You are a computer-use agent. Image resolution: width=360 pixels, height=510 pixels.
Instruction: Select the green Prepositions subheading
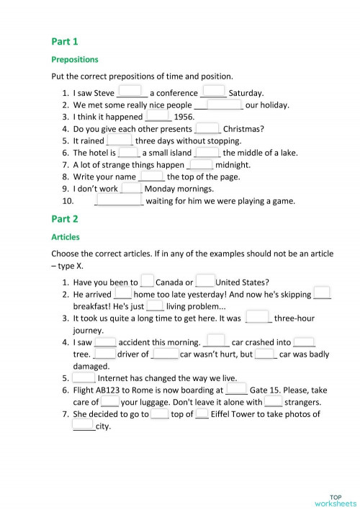tap(75, 59)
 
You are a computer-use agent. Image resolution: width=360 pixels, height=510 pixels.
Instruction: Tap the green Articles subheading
tap(66, 236)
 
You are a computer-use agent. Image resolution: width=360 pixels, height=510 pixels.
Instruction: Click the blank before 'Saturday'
tap(214, 91)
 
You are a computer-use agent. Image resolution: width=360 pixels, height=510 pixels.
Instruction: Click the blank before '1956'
tap(158, 115)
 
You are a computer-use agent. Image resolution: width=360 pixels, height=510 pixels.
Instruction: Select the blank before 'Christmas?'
tap(208, 128)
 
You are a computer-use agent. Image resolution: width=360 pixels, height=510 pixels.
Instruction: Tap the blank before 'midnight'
tap(199, 164)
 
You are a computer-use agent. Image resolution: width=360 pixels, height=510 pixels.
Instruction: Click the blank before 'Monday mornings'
tap(132, 188)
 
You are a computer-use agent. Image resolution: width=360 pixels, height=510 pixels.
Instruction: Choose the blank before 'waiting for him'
tap(120, 200)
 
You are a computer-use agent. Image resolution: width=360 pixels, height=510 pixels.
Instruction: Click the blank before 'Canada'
tap(148, 282)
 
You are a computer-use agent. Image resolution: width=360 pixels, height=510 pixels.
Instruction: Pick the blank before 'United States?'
tap(204, 282)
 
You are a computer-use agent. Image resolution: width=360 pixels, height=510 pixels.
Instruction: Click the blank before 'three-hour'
tap(258, 317)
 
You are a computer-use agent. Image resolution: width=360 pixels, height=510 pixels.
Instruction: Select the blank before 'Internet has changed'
tap(84, 377)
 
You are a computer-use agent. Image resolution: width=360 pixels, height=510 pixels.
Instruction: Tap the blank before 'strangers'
tap(273, 401)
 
